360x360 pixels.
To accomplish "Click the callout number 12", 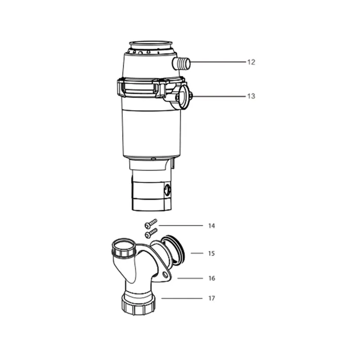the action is click(251, 62).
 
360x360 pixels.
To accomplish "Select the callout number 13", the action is click(251, 96).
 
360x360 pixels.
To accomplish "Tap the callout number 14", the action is click(211, 226).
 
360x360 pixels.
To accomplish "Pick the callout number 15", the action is click(211, 253).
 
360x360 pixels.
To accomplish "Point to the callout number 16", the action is click(211, 278).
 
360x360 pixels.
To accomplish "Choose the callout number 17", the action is click(211, 298).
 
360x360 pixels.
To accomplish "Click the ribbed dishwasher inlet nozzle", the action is click(181, 63).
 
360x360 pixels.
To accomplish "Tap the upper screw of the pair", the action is click(151, 224).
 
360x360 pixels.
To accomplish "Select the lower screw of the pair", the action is click(151, 233).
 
